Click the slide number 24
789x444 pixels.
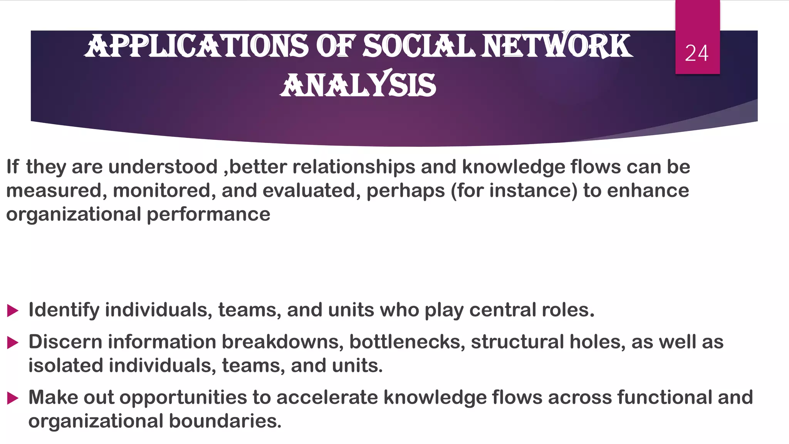697,53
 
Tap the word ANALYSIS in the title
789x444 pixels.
358,85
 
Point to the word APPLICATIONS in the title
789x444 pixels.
196,46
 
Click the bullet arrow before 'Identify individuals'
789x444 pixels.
13,311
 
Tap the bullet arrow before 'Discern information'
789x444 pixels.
13,342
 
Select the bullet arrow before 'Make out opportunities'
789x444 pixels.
13,398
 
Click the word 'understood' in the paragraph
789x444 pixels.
163,167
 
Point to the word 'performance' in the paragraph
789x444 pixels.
208,215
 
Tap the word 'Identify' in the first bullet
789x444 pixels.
64,310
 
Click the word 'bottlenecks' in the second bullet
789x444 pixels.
407,342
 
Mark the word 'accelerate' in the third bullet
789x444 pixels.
327,398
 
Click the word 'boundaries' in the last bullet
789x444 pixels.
225,421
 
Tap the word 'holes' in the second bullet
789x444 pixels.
597,342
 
